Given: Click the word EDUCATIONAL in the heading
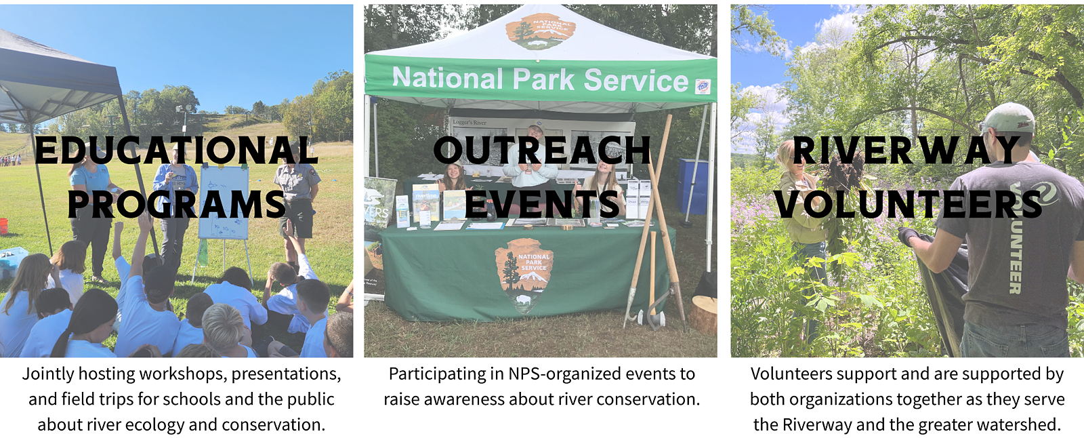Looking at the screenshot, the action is pos(176,151).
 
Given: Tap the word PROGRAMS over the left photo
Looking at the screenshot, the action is pos(177,204).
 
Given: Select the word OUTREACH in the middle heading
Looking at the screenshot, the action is pos(542,151).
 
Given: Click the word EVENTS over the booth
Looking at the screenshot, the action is pos(542,204).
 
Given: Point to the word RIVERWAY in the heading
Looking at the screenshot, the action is pos(906,151).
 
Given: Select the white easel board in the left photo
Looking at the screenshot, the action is pos(224,202).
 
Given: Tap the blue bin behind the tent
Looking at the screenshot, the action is pos(693,186).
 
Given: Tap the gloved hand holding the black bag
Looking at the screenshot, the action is pos(908,237).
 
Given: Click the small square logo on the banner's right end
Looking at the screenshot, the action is pos(703,87).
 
